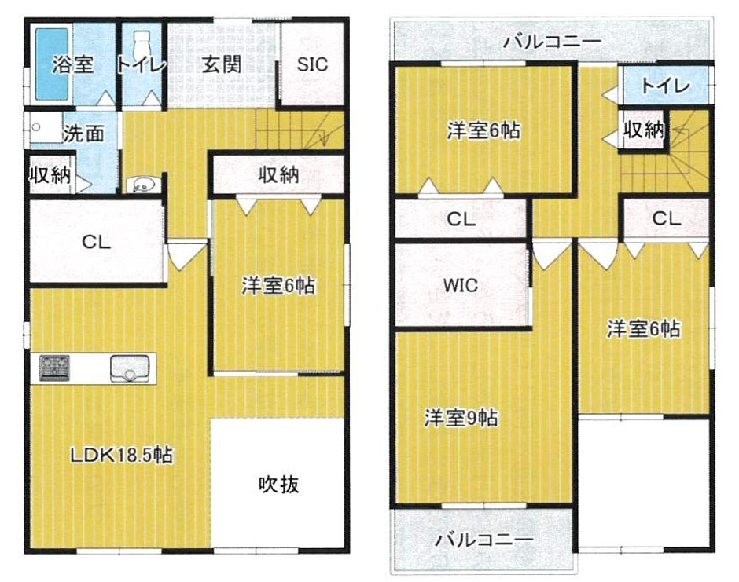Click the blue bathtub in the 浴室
(53, 64)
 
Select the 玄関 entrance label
(222, 64)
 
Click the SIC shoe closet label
(312, 64)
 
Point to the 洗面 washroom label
(84, 134)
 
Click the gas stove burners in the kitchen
(54, 368)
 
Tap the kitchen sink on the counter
(130, 368)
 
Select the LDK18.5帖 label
(122, 455)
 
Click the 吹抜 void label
(278, 484)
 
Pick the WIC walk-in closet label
(461, 285)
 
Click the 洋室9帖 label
(461, 418)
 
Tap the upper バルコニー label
(553, 42)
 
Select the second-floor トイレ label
(665, 86)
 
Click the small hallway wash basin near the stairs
(144, 184)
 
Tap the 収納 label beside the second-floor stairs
(644, 129)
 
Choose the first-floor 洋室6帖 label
(278, 285)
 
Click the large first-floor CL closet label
(96, 242)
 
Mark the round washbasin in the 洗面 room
(36, 127)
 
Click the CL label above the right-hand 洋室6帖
(667, 218)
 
